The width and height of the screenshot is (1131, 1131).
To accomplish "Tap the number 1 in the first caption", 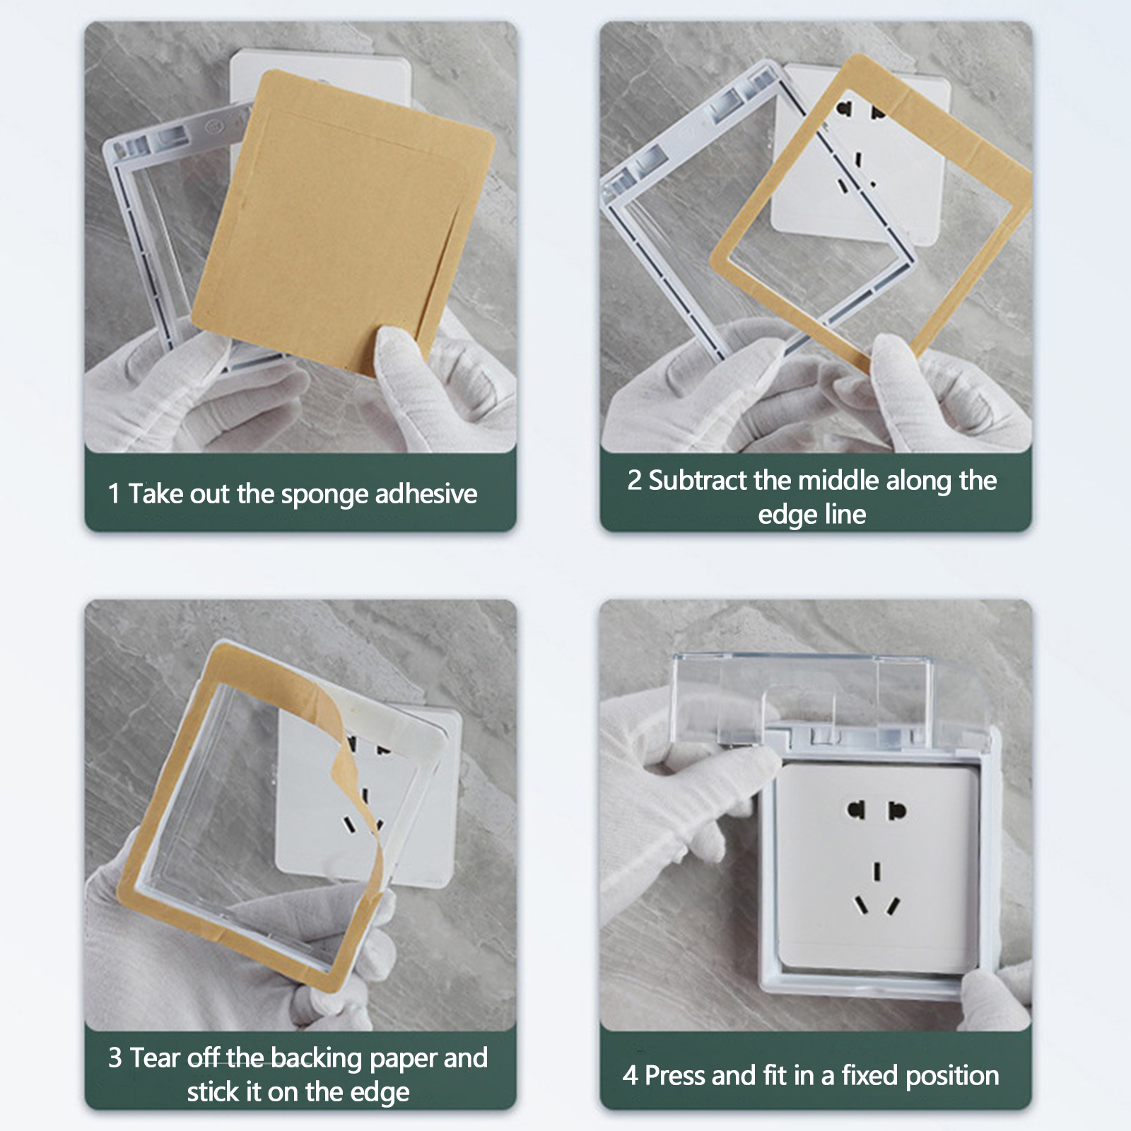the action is tap(114, 493).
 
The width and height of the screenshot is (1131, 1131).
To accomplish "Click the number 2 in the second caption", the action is tap(634, 481).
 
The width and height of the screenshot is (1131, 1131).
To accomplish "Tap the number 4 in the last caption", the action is tap(630, 1076).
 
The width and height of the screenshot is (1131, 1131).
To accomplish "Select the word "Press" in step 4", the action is tap(676, 1076).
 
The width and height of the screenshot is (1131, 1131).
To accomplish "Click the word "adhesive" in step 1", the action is tap(426, 493).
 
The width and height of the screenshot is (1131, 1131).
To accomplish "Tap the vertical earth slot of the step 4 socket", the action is tap(877, 871).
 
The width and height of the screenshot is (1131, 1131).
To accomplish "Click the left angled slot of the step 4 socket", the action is tap(861, 906).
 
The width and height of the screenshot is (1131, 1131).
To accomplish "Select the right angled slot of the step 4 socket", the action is tap(894, 906).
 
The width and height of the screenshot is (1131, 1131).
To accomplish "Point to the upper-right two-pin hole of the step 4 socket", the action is tap(897, 810).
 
